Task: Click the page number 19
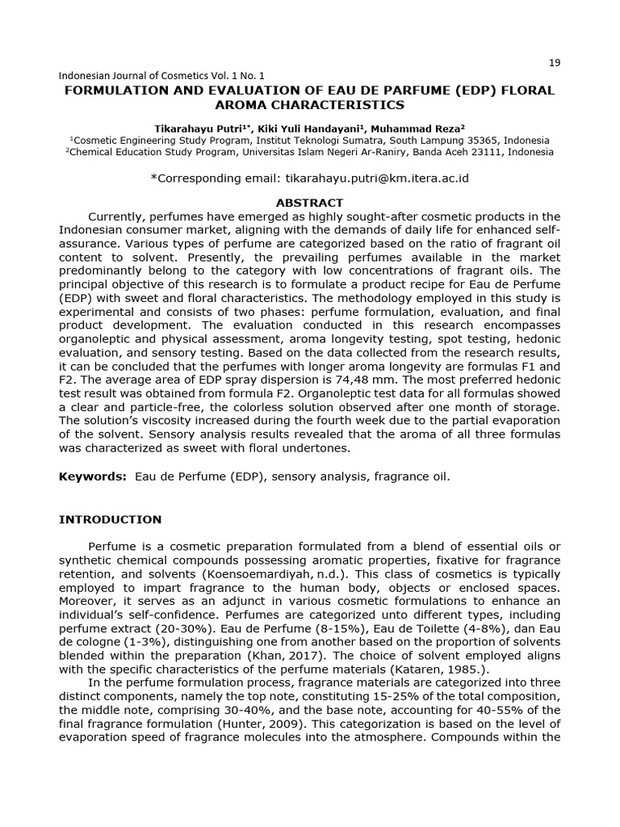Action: coord(554,64)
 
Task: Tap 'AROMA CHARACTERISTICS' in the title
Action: coord(309,105)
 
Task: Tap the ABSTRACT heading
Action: coord(309,203)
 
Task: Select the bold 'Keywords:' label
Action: coord(92,476)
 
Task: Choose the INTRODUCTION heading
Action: coord(110,519)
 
